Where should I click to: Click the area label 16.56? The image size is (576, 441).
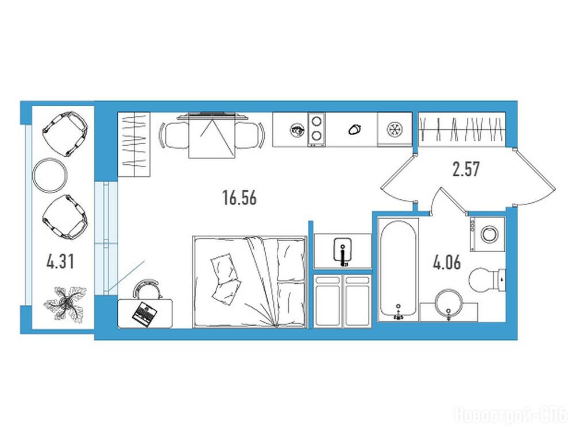coord(239,198)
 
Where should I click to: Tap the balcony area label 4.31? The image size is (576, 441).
coord(61,262)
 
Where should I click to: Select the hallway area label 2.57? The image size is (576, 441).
coord(466,169)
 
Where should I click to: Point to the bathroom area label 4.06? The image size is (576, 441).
coord(447,263)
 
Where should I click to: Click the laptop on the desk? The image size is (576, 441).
coord(145,314)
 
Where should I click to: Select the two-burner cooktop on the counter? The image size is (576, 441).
coord(316,129)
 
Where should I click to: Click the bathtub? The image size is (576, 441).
coord(398,269)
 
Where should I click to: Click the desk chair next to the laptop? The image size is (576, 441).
coord(148,289)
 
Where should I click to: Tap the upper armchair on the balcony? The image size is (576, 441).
coord(65,134)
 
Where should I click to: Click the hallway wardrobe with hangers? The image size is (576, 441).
coord(462,129)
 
